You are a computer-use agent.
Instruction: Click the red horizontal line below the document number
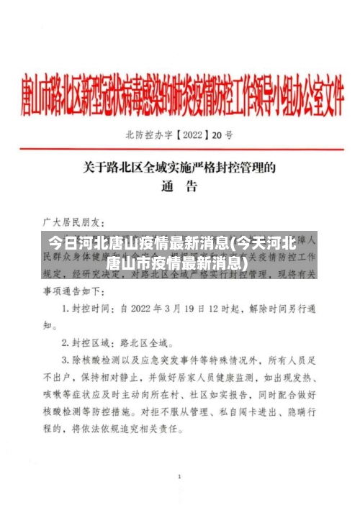(180, 149)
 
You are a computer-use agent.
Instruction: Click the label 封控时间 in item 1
(92, 308)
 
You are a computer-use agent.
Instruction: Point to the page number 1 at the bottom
(179, 477)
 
